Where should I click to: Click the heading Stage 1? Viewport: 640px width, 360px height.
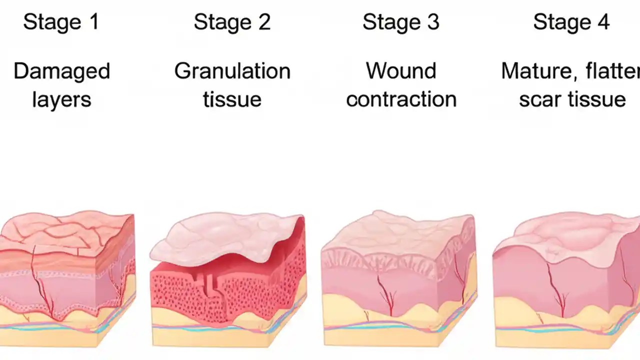(x=61, y=22)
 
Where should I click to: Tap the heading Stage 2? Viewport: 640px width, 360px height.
(x=232, y=22)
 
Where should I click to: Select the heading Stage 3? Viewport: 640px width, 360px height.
(x=400, y=22)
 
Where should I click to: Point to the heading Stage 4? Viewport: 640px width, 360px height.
(x=571, y=22)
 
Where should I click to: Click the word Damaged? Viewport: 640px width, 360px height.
(x=61, y=71)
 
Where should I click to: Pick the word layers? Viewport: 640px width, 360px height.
(x=61, y=99)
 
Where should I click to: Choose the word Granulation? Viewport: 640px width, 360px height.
(x=232, y=71)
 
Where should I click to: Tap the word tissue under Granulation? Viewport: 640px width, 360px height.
(x=232, y=99)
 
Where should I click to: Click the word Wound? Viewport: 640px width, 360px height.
(x=401, y=71)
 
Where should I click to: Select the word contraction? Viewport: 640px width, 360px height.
(x=401, y=99)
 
